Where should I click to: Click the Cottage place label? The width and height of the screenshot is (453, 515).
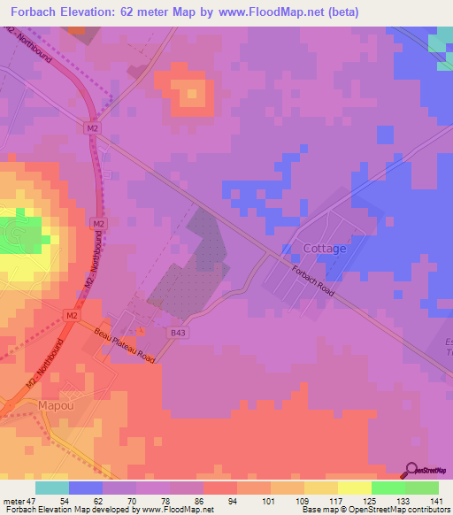tap(325, 249)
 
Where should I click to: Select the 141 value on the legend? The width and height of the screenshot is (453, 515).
tap(436, 501)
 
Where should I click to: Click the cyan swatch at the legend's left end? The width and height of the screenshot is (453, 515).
tap(52, 488)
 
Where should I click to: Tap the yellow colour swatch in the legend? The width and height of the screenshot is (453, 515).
tap(354, 488)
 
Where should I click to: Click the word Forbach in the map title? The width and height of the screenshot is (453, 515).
tap(36, 12)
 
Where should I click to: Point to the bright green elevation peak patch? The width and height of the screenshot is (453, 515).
tap(20, 234)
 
